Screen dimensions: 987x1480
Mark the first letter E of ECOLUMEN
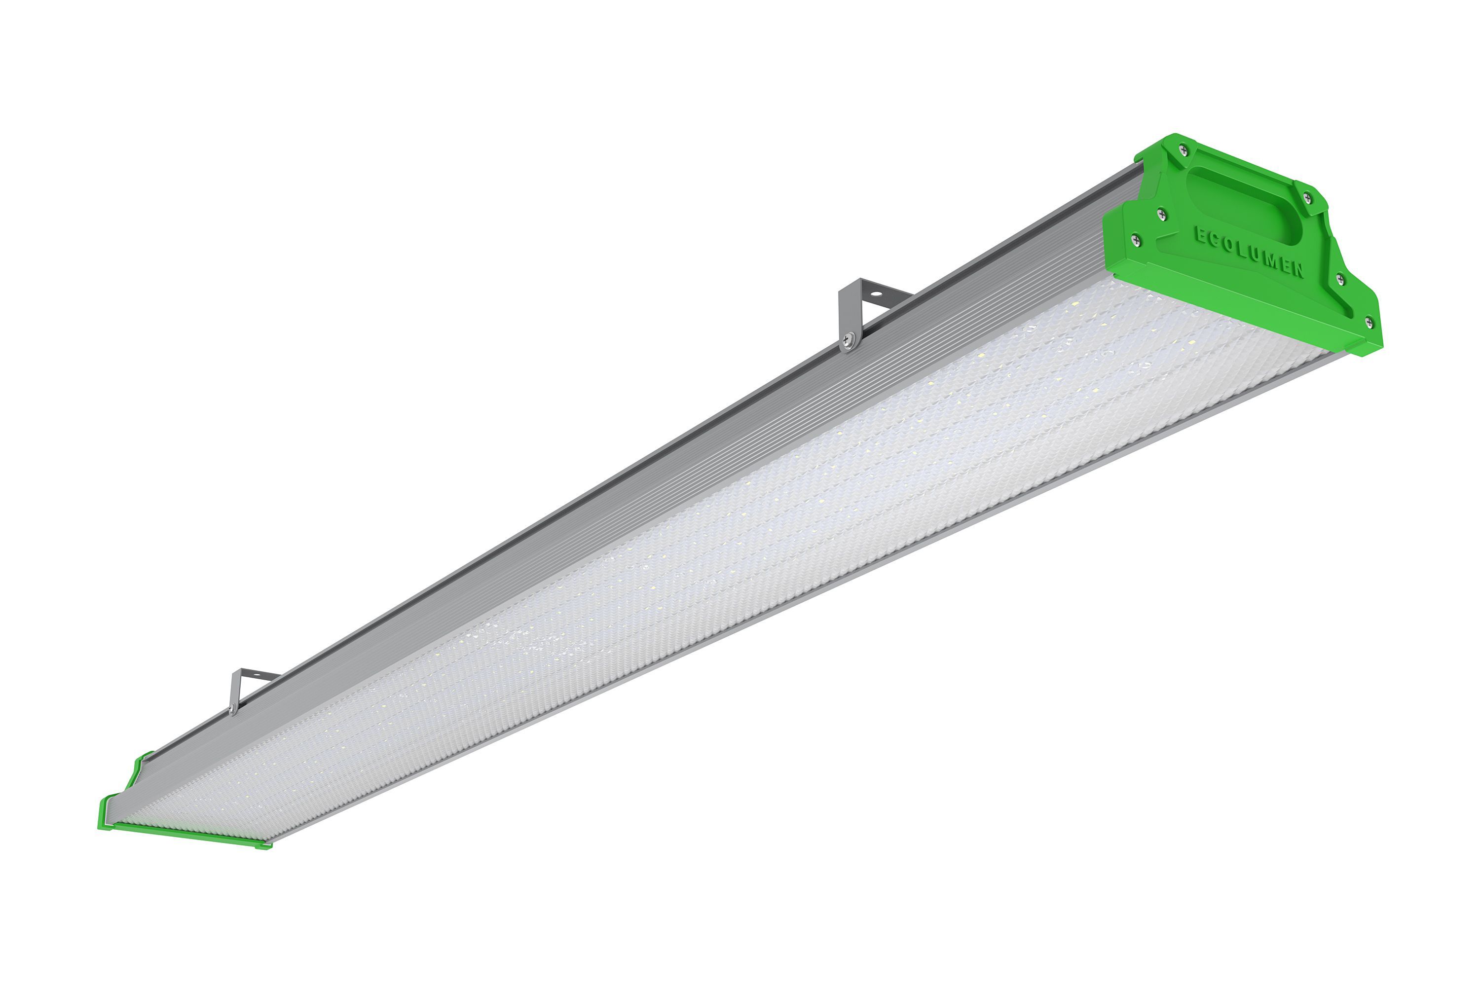[x=1200, y=236]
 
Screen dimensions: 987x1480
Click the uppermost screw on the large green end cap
[x=1184, y=149]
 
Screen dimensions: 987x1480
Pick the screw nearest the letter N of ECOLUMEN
[x=1339, y=280]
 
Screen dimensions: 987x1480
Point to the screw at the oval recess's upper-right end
[x=1306, y=198]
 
